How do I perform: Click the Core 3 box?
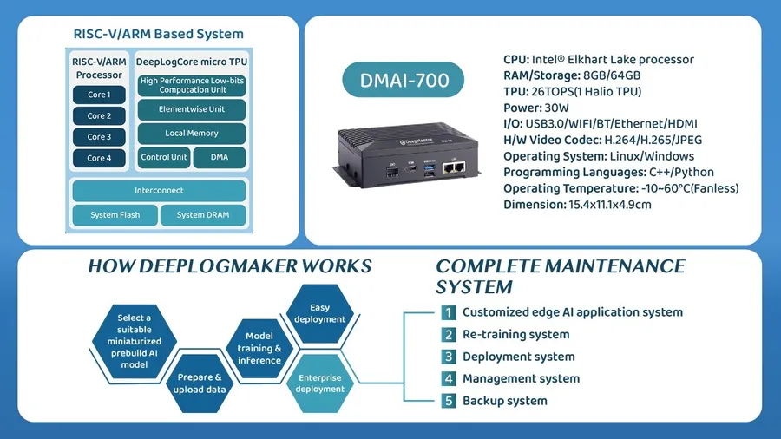coord(99,137)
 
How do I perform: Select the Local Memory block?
coord(192,134)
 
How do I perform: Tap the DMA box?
coord(220,157)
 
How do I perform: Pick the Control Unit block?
coord(164,157)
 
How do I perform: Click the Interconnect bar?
coord(159,191)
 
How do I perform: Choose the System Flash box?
coord(115,215)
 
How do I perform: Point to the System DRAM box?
coord(203,215)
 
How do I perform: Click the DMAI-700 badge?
coord(404,80)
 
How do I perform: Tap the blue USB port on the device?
coord(429,168)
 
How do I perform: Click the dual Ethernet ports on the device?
coord(454,167)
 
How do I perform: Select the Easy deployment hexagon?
coord(319,313)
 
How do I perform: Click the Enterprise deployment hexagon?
coord(319,383)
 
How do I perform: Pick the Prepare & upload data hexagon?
coord(200,383)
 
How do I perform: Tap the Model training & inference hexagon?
coord(259,349)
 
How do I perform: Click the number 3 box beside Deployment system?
coord(449,357)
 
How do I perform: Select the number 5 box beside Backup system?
coord(449,401)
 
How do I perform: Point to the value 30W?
coord(557,108)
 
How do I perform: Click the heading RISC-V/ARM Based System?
coord(159,34)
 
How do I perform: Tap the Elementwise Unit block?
coord(192,109)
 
